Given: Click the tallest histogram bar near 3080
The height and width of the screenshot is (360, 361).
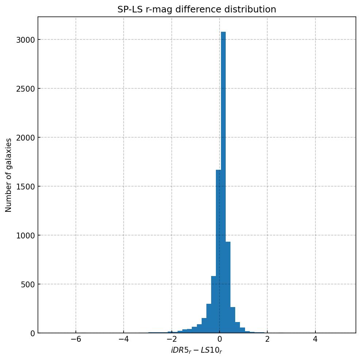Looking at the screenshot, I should pos(223,183).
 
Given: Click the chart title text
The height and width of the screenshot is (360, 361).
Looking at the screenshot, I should pos(197,9).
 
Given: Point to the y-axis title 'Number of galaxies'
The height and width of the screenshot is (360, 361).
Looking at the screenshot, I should pos(9,175).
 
